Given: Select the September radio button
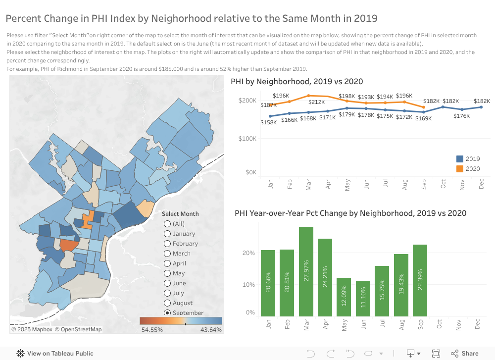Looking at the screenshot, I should point(167,313).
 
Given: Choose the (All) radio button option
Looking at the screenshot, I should point(167,224).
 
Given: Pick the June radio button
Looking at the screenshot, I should point(167,283).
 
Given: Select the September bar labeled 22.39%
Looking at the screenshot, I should point(420,280).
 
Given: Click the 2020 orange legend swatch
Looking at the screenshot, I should point(460,169).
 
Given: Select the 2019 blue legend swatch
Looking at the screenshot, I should point(460,159).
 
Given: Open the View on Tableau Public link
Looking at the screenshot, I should point(55,354).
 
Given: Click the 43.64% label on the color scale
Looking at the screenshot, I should point(211,330).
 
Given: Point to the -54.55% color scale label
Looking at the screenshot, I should point(151,330).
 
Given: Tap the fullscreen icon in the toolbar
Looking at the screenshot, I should point(436,354).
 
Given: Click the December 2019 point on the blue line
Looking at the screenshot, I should point(481,107).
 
